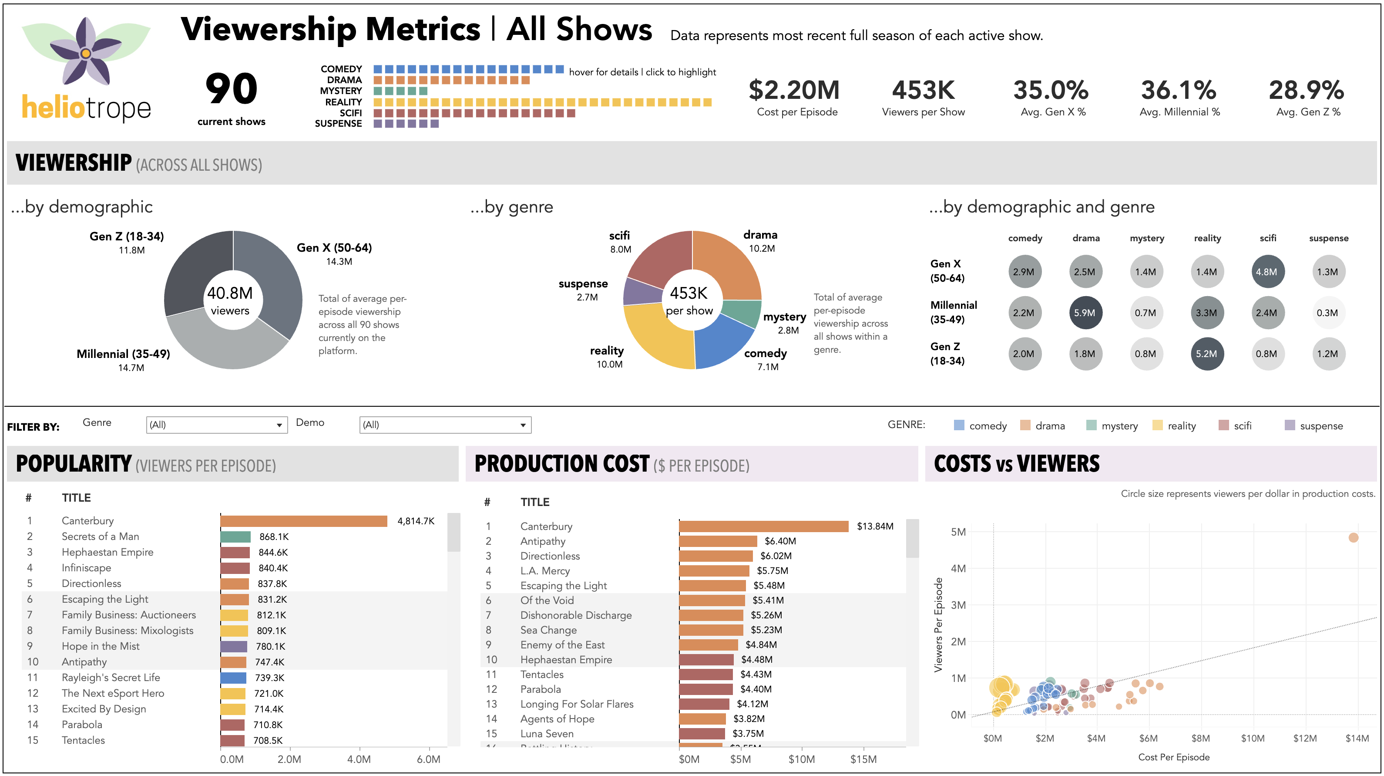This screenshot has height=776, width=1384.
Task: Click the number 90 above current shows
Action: click(232, 89)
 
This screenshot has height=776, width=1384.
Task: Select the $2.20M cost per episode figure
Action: click(794, 90)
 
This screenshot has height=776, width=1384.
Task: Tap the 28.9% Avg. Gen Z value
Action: click(1306, 90)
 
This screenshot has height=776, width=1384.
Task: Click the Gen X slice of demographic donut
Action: click(274, 280)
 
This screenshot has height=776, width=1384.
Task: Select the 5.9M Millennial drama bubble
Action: click(1085, 313)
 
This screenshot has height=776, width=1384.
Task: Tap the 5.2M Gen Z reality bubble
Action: click(1206, 354)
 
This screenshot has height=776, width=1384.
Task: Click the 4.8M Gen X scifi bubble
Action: click(1267, 272)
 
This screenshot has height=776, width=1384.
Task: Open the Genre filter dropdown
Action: click(216, 425)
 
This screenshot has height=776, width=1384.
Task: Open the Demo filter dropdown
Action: click(445, 425)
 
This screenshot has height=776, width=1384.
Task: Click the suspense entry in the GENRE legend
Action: click(1320, 425)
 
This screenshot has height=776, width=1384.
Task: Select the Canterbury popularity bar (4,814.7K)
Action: click(303, 521)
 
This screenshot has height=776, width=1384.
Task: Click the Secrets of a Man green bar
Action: click(235, 536)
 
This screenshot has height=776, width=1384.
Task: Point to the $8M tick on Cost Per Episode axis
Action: click(1200, 739)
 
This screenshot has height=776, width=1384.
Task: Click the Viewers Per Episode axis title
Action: click(938, 624)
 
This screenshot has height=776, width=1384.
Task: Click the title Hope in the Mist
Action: click(101, 646)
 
